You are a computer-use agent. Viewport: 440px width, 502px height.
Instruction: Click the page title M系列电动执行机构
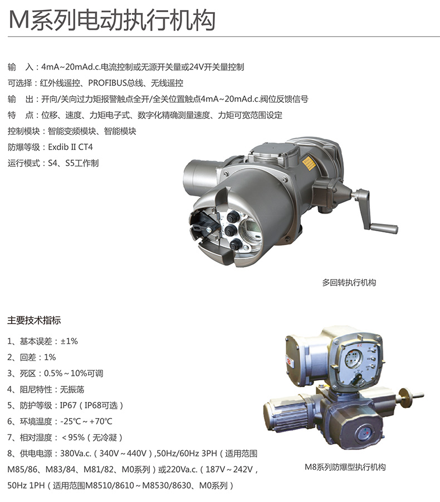click(111, 20)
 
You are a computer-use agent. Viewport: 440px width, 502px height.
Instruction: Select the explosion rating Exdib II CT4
click(70, 147)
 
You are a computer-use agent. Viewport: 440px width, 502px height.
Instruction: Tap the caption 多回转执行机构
click(349, 282)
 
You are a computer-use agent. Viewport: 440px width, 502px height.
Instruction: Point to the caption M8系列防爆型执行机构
click(345, 467)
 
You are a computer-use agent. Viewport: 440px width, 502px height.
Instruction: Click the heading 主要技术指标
click(34, 320)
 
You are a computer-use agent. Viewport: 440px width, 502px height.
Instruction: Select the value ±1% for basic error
click(69, 341)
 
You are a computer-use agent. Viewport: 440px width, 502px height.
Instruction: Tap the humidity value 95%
click(76, 438)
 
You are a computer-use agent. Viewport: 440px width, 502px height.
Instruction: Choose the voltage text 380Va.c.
click(76, 453)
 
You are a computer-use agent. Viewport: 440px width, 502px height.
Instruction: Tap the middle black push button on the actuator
click(230, 230)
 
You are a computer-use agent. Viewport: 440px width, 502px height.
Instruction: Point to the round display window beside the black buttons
click(252, 230)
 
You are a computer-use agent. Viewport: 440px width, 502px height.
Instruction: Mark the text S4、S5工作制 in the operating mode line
click(73, 163)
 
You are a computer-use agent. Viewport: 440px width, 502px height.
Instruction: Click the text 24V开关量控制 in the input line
click(217, 67)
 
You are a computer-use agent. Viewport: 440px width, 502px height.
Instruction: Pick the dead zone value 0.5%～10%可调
click(74, 373)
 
